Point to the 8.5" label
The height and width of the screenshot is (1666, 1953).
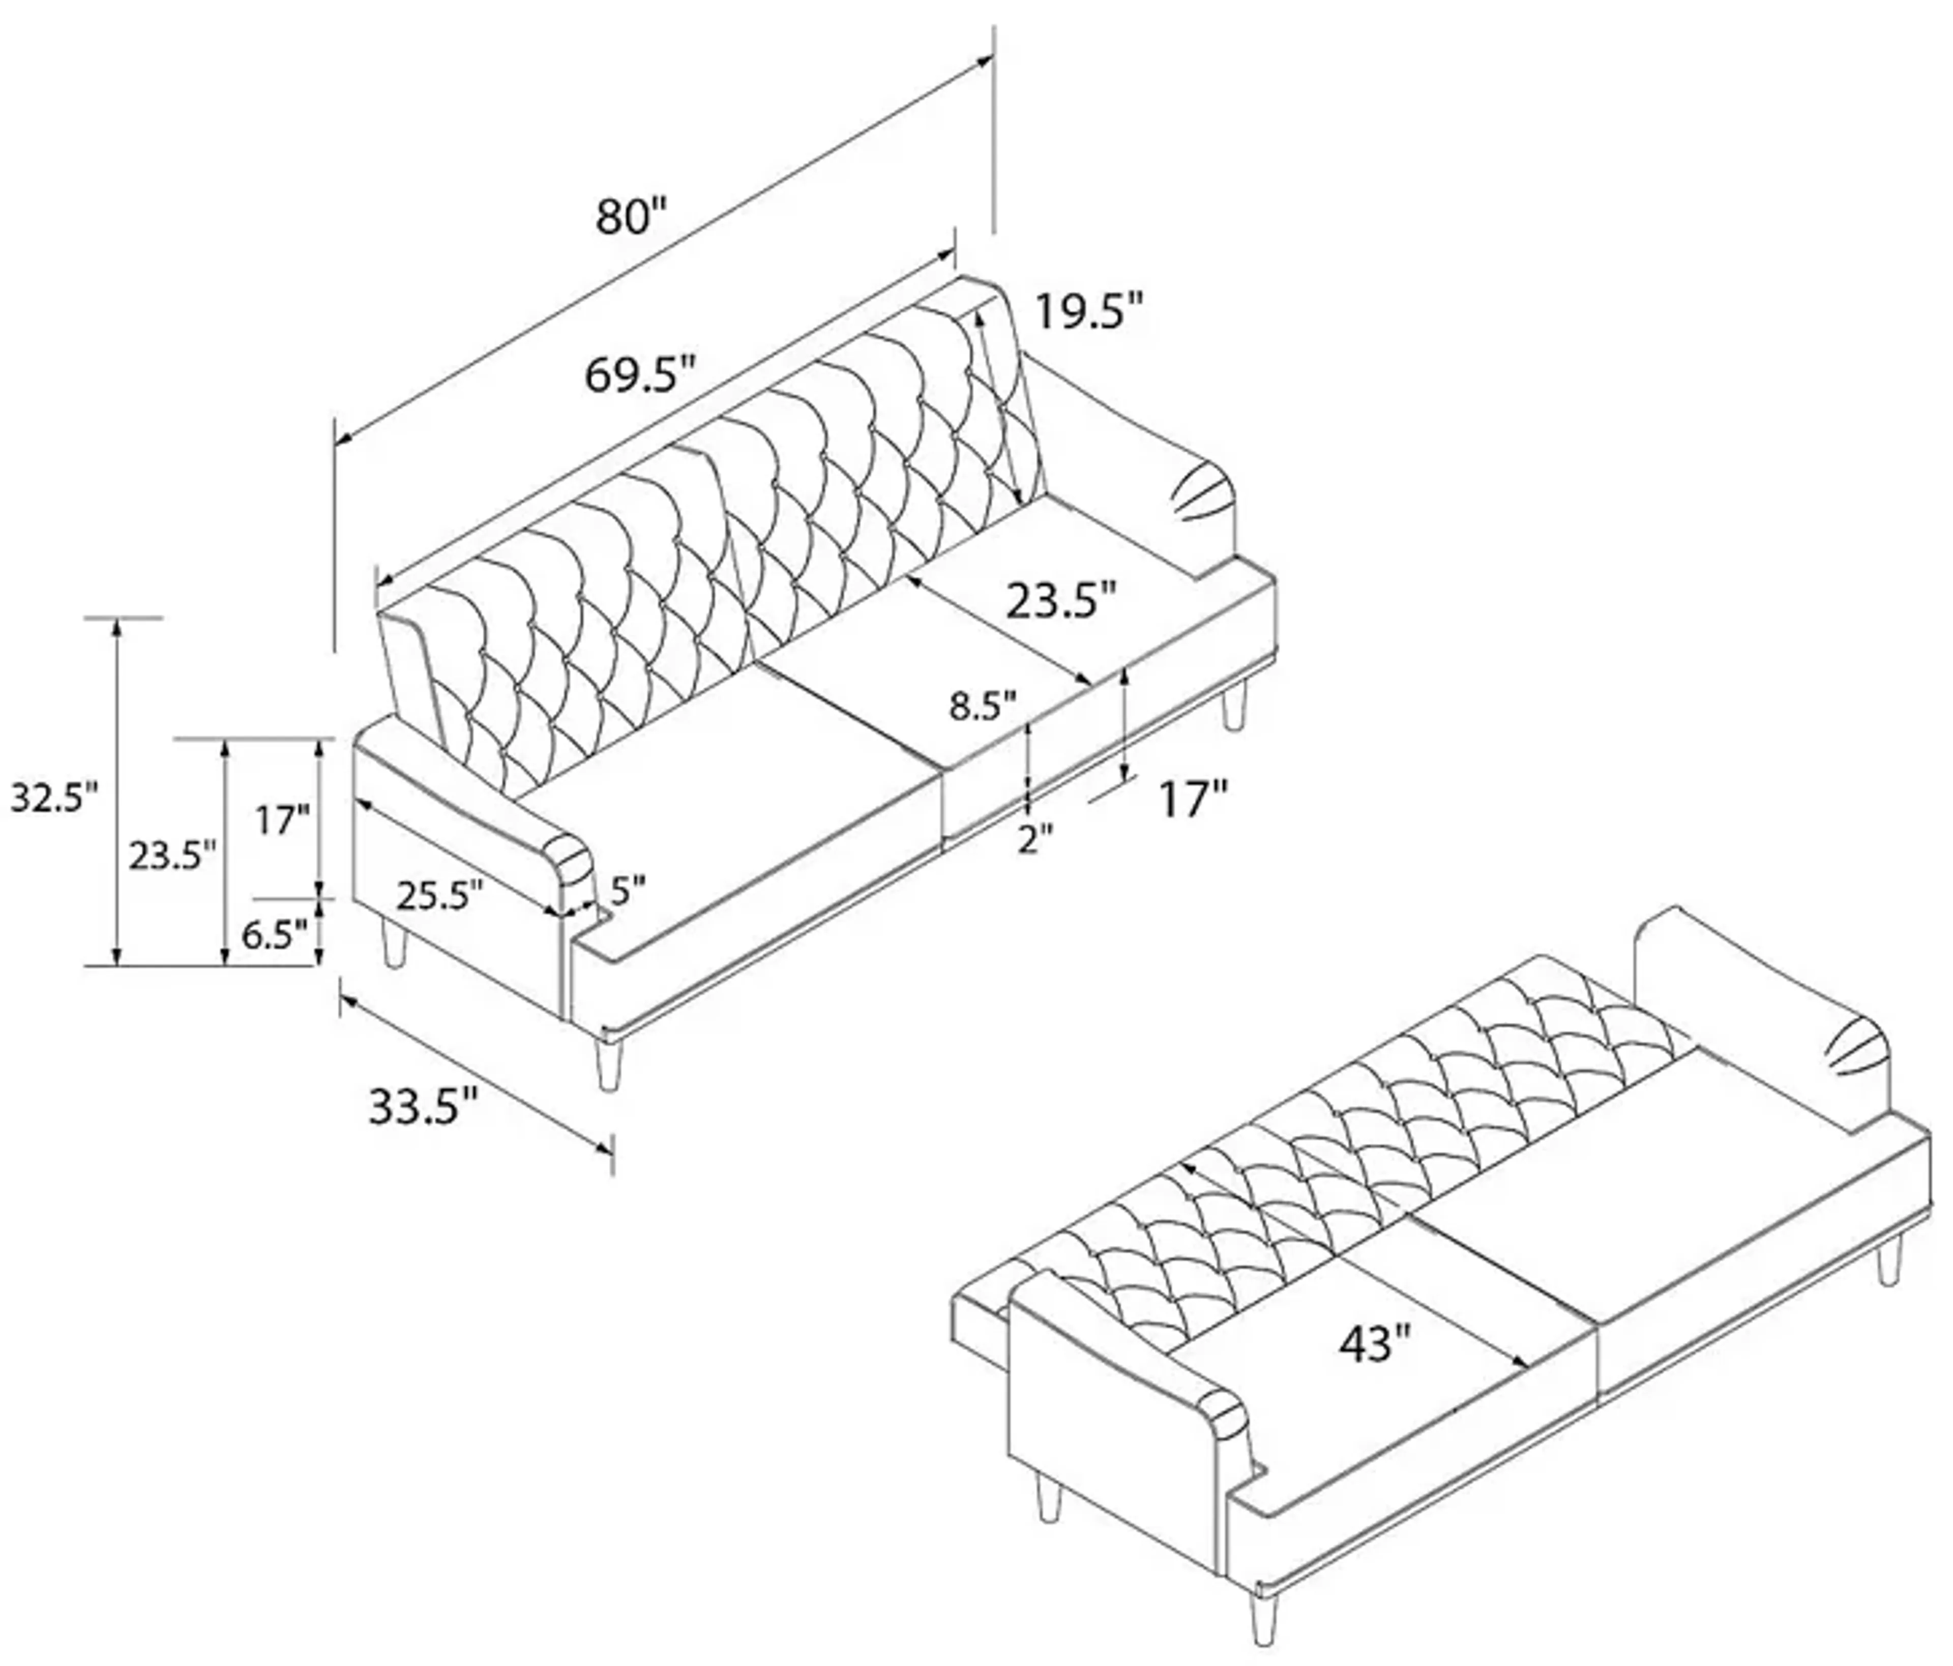point(983,705)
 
